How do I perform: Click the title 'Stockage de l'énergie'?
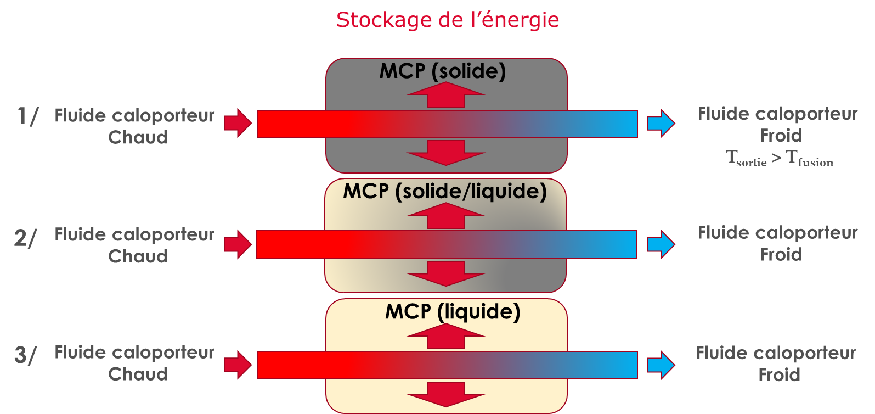(x=448, y=20)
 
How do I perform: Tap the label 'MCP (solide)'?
(x=442, y=71)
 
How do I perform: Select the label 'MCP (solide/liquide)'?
(x=445, y=191)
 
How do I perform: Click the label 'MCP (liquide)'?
(x=453, y=311)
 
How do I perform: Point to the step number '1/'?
(x=27, y=116)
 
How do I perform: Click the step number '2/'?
(x=25, y=238)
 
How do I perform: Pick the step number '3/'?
(x=25, y=355)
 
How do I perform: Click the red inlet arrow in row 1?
(x=238, y=123)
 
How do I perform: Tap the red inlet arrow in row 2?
(x=238, y=244)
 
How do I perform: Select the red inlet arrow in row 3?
(x=238, y=365)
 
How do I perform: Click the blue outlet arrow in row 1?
(x=661, y=123)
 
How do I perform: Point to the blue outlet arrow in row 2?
(x=661, y=244)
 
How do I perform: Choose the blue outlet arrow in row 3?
(x=661, y=365)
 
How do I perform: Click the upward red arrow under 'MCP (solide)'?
(x=446, y=95)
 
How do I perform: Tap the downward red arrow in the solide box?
(x=446, y=153)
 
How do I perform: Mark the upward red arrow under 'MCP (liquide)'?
(x=446, y=336)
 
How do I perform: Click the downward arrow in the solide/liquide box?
(x=446, y=273)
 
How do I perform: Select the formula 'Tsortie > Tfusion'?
(x=780, y=158)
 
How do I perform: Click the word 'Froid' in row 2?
(x=781, y=255)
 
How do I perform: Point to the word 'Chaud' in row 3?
(x=138, y=374)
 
